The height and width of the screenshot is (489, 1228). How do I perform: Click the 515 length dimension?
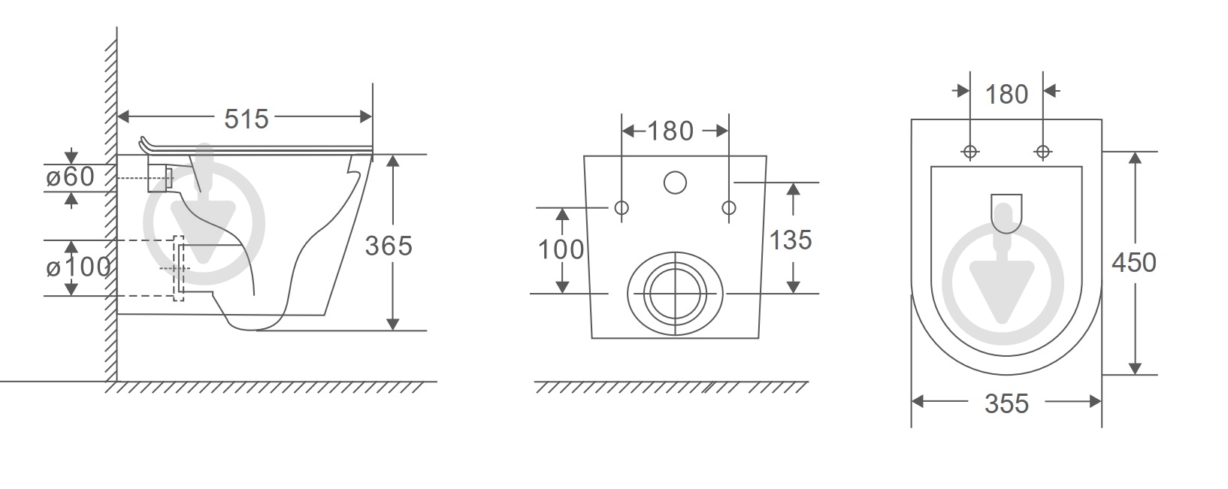(x=247, y=119)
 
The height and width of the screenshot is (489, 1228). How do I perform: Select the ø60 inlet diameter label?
(x=70, y=177)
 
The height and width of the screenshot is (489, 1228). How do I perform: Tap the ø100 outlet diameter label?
(x=78, y=267)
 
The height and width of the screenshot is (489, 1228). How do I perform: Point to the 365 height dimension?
(x=389, y=246)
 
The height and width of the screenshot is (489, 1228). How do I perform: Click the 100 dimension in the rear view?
(x=561, y=249)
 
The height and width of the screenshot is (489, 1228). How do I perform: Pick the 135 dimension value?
(x=791, y=240)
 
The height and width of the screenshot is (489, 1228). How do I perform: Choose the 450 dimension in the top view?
(x=1134, y=263)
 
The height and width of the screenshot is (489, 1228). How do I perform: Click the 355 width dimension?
(x=1006, y=404)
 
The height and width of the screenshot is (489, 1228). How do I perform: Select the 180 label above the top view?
(x=1006, y=95)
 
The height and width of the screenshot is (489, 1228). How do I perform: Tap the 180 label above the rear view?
(x=670, y=131)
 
